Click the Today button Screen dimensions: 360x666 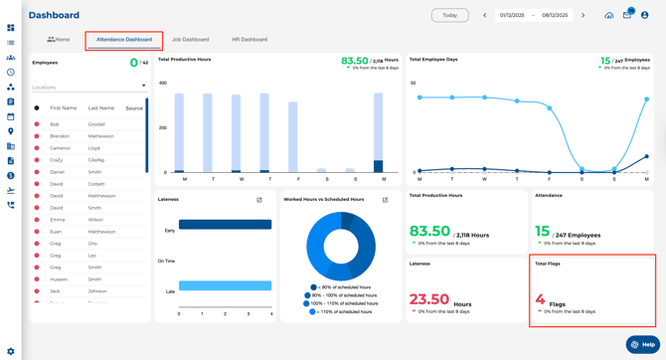click(449, 15)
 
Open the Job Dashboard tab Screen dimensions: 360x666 click(190, 40)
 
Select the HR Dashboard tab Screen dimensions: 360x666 click(250, 40)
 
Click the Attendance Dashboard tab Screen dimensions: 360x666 click(124, 40)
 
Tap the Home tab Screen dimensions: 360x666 click(59, 40)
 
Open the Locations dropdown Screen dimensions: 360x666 click(88, 87)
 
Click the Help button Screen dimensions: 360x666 click(643, 344)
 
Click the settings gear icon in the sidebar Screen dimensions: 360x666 click(11, 351)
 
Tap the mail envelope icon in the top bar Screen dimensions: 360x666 click(627, 15)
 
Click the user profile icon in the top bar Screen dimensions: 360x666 click(645, 15)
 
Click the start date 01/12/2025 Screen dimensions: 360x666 click(512, 15)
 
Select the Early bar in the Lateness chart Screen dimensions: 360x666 click(225, 225)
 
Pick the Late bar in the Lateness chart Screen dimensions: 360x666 click(225, 285)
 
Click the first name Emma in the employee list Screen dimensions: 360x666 click(57, 220)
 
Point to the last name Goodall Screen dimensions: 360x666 click(97, 124)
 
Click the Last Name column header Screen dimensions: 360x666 click(100, 107)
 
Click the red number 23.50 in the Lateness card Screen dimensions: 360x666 click(429, 299)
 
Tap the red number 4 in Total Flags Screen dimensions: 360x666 click(540, 299)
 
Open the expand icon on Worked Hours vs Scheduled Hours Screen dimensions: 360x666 click(385, 200)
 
